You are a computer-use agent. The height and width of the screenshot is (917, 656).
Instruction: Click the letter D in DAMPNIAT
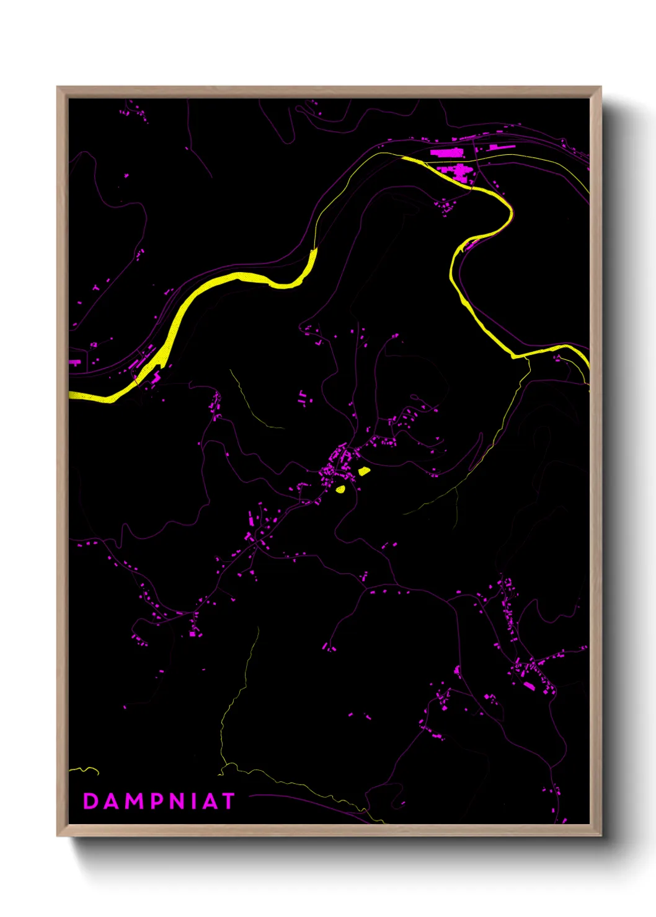click(91, 801)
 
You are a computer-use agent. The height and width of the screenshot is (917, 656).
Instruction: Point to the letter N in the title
click(178, 801)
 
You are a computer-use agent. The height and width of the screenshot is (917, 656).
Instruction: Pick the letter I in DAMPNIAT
click(194, 801)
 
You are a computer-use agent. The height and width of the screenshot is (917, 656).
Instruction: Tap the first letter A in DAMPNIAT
click(111, 801)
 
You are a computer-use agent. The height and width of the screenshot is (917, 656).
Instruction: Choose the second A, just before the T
click(210, 801)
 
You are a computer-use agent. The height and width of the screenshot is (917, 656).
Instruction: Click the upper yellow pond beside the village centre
click(364, 472)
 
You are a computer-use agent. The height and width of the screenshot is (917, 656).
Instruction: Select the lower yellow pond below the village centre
click(340, 489)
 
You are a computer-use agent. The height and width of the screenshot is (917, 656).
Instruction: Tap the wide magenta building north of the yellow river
click(447, 152)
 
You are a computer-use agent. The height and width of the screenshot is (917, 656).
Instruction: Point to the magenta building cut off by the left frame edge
click(74, 362)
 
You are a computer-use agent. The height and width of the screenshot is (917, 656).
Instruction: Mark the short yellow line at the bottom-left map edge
click(84, 770)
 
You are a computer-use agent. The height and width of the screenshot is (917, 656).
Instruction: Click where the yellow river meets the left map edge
click(71, 395)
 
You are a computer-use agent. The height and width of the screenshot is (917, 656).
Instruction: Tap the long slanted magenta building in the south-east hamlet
click(529, 686)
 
